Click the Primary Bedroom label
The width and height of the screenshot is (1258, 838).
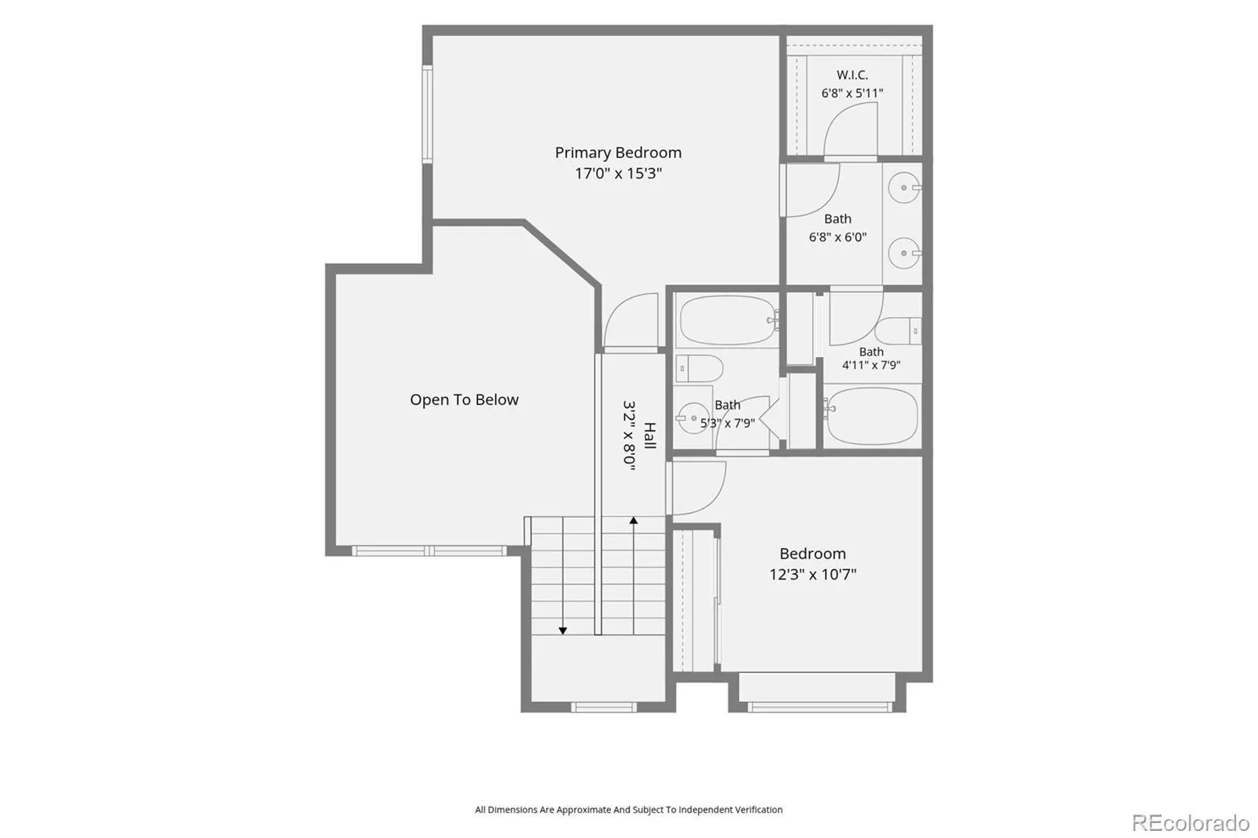coord(618,153)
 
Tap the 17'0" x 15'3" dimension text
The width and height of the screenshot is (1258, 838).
coord(618,174)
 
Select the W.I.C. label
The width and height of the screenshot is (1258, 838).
coord(852,75)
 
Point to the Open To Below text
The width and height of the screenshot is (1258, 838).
coord(464,400)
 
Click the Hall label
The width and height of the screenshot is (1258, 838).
coord(649,436)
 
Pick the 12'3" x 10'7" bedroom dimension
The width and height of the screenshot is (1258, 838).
coord(813,575)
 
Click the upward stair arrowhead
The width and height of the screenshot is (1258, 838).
coord(634,520)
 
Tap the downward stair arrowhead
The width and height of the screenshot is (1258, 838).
coord(563,630)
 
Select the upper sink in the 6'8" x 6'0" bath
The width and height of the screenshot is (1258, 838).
coord(904,188)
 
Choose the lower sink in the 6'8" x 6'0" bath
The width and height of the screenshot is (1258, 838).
coord(904,253)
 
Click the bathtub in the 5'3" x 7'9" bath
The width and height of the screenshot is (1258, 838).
coord(728,320)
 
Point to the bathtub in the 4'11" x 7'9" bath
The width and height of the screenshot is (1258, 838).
coord(872,416)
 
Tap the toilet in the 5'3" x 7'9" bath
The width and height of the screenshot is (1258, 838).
coord(699,369)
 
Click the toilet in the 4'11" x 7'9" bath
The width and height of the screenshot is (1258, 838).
coord(898,332)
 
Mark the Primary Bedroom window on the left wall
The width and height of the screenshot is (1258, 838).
coord(428,114)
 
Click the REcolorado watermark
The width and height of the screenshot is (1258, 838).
coord(1190,823)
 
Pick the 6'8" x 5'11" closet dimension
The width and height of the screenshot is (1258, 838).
coord(852,94)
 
